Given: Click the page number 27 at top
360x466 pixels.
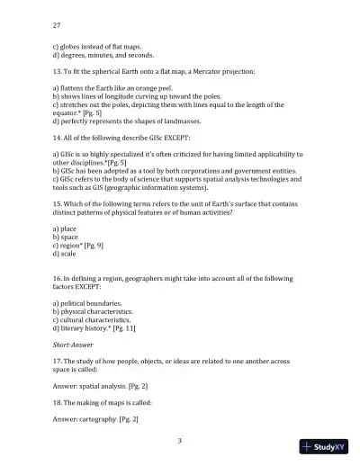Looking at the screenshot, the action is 58,26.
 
